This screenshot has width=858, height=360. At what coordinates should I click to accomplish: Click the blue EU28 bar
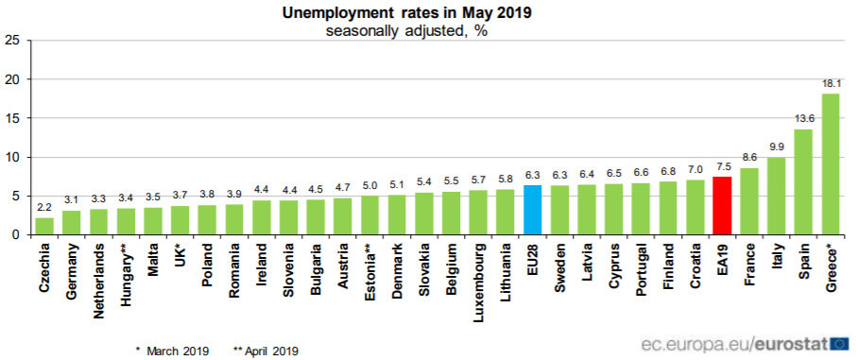(532, 210)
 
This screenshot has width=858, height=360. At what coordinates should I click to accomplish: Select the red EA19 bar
(722, 205)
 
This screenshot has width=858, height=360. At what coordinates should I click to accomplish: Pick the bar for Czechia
(44, 226)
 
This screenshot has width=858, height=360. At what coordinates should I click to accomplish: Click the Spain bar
(803, 181)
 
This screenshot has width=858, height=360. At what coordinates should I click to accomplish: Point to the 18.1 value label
(831, 84)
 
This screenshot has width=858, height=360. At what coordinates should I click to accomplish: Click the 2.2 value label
(44, 208)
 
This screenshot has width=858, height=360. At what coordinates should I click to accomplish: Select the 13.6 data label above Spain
(803, 119)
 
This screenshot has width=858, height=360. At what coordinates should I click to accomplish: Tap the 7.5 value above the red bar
(722, 166)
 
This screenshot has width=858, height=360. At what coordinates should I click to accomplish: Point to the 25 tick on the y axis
(11, 41)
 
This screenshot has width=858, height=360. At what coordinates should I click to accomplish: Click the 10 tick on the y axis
(11, 157)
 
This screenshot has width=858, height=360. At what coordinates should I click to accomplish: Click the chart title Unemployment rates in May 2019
(406, 13)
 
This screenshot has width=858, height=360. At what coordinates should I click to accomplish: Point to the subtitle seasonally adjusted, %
(406, 30)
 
